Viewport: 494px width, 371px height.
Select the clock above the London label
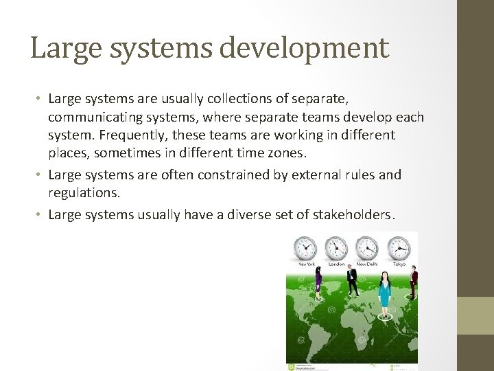click(x=336, y=247)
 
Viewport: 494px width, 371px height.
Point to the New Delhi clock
click(x=367, y=247)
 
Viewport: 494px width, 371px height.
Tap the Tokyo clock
click(x=399, y=247)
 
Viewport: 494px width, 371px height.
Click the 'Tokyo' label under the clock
click(x=399, y=264)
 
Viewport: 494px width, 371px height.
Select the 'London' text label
click(x=336, y=264)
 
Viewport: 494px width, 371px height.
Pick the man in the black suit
click(x=352, y=282)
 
